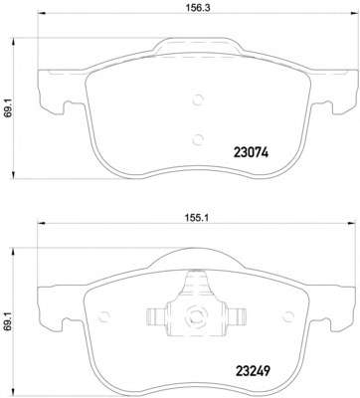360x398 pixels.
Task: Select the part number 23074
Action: (x=251, y=153)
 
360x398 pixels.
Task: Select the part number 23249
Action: (x=253, y=371)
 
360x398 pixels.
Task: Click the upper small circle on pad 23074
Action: (x=198, y=99)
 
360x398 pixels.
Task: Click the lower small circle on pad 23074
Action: (x=198, y=139)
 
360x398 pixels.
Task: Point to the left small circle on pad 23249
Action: (x=104, y=317)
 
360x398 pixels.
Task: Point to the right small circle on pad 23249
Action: (x=288, y=316)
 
